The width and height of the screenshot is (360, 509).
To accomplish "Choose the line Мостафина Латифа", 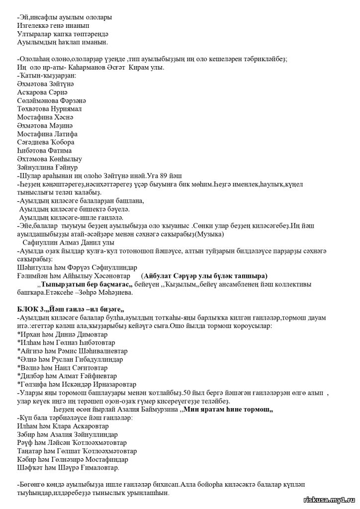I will (x=47, y=134).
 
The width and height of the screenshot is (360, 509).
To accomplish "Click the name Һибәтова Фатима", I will (x=44, y=150).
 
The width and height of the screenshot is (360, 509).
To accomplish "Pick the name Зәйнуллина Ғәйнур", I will (x=48, y=167).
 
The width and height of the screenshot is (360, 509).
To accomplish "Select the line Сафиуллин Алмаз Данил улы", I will (x=69, y=243).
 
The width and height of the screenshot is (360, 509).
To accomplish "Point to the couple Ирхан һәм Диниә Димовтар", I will (x=62, y=335).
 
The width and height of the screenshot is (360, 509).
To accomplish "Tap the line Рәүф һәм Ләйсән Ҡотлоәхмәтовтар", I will (x=72, y=443).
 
